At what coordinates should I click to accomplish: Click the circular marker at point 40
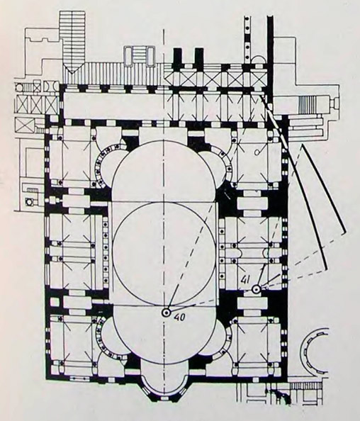pos(166,313)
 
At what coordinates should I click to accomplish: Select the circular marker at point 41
pos(256,289)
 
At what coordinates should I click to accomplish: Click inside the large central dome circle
pos(164,253)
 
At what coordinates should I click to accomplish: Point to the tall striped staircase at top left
pos(73,42)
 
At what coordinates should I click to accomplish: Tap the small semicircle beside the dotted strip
pos(257,60)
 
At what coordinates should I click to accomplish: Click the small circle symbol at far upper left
pos(19,87)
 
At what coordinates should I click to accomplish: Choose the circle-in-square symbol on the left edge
pos(28,201)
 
